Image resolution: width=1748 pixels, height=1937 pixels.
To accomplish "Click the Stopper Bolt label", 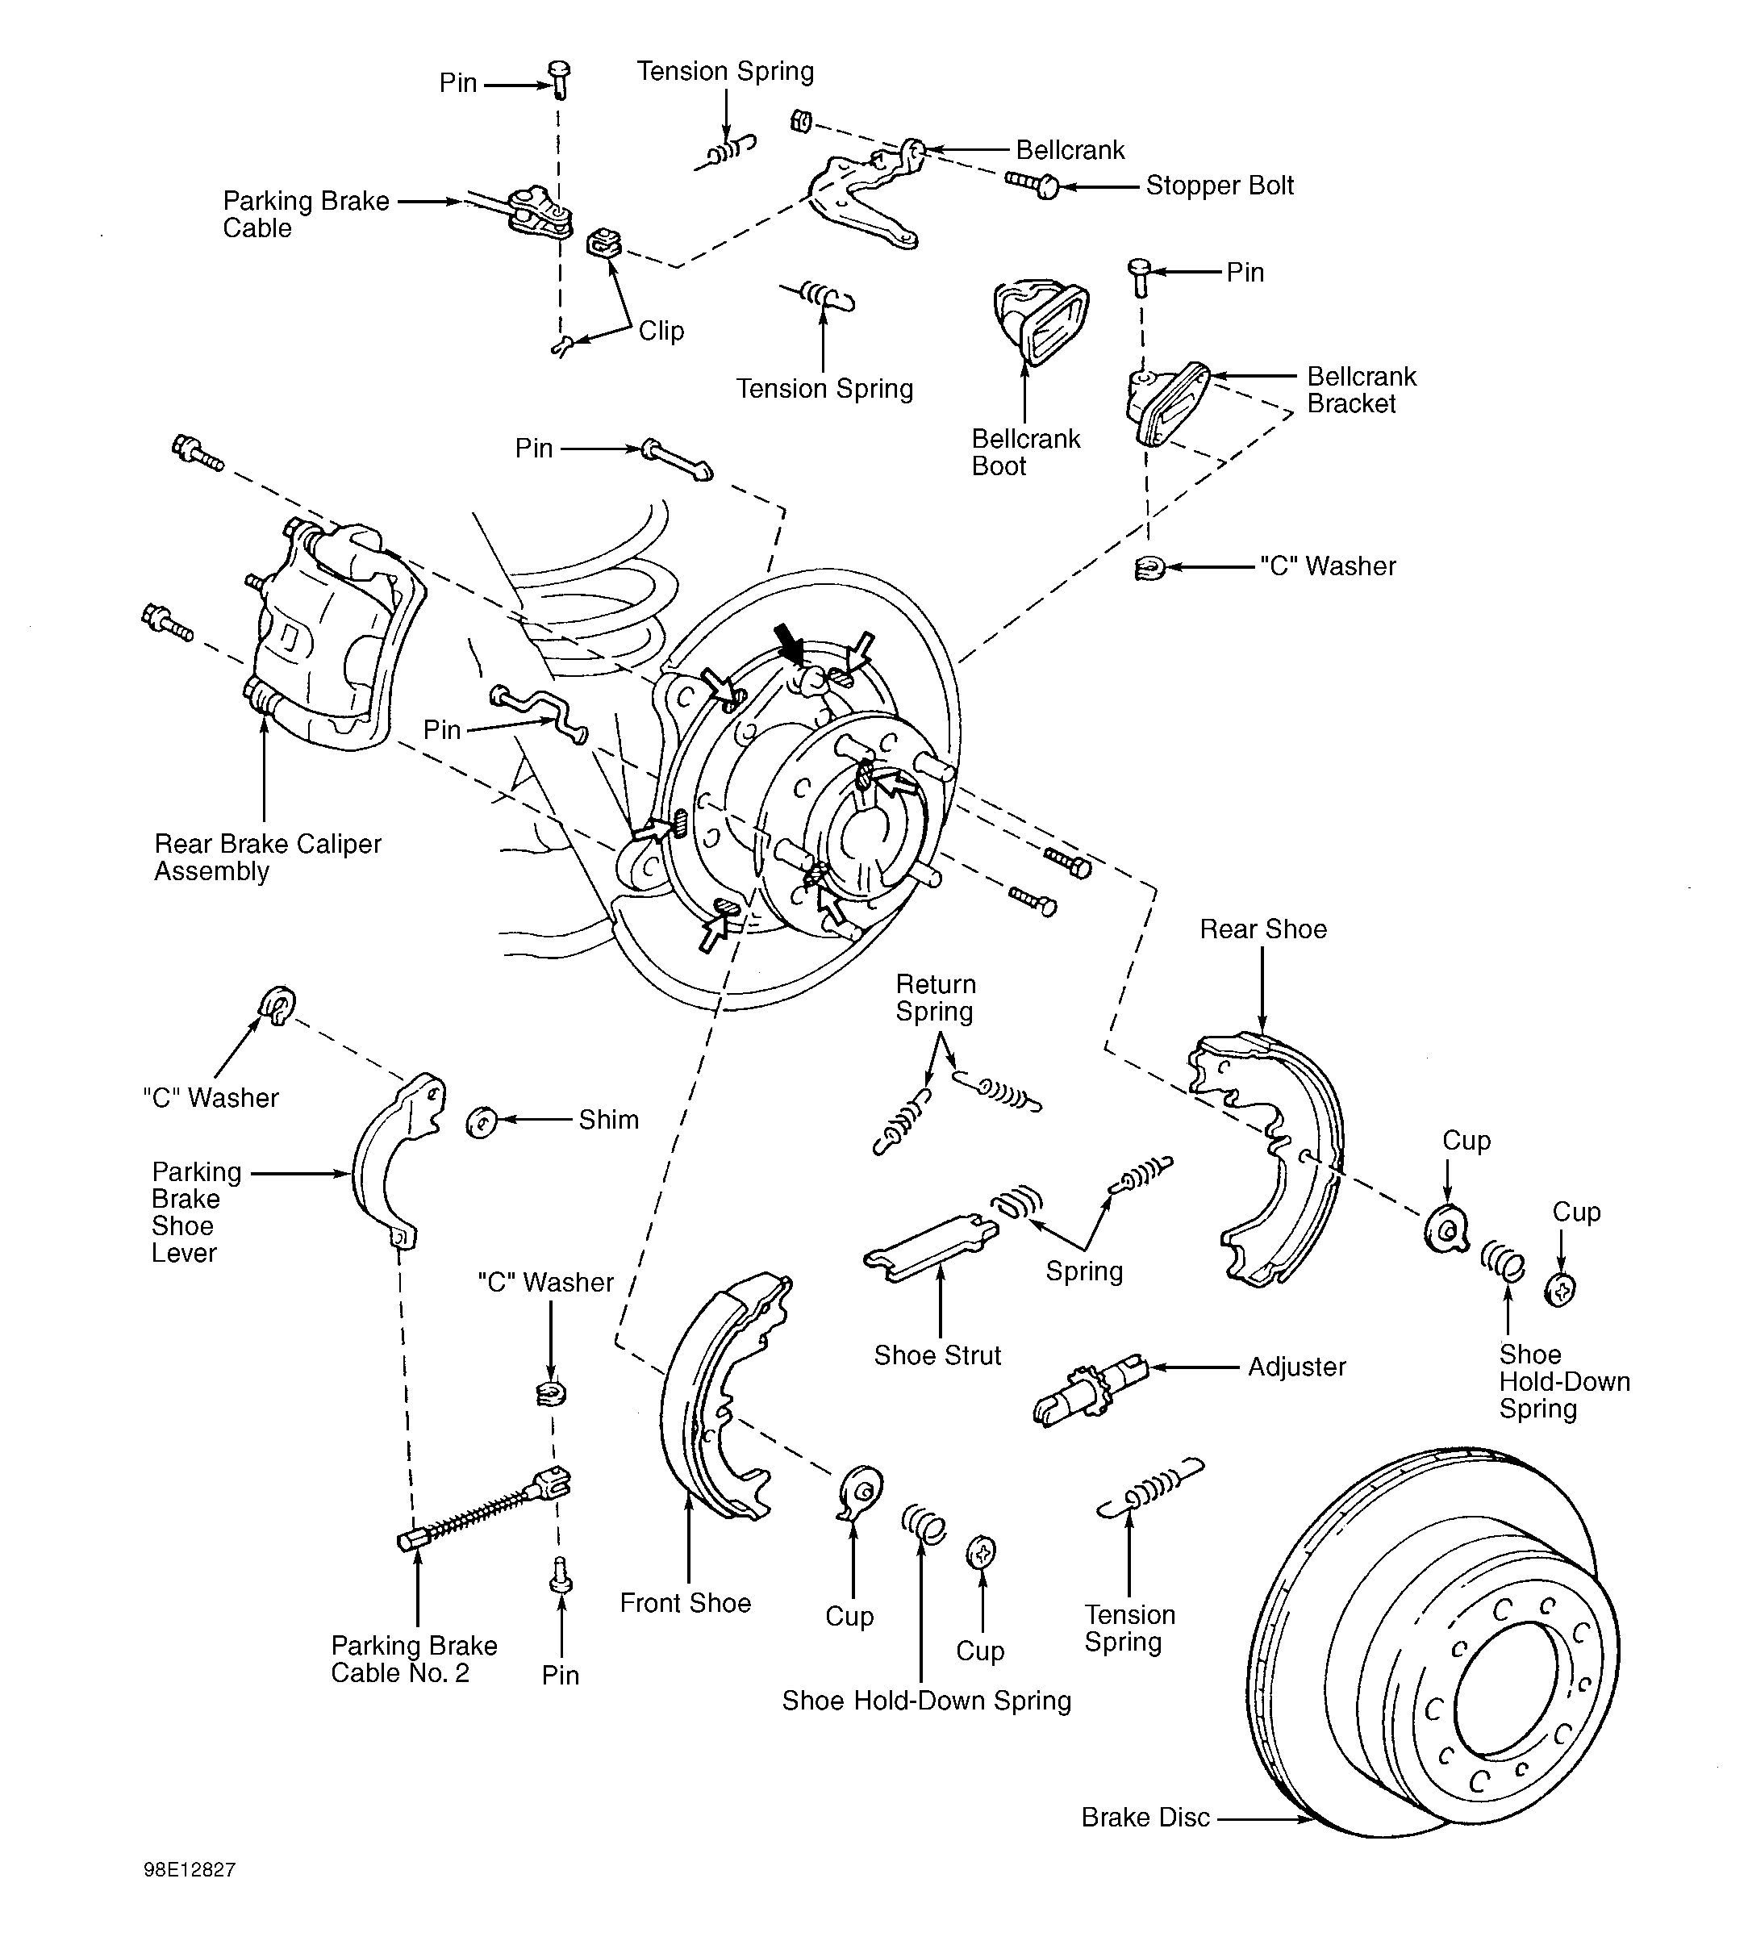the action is (1220, 186).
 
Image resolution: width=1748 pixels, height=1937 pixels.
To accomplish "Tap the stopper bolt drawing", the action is (1033, 182).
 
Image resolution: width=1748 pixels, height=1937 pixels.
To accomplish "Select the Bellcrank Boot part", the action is (1039, 322).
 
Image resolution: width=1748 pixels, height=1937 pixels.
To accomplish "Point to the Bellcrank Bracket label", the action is (1361, 390).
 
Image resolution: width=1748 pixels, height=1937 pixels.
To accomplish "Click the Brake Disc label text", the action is (1145, 1817).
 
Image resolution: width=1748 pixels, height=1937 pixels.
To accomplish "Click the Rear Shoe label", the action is (1263, 929).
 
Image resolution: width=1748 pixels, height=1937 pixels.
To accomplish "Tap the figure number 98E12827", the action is (190, 1870).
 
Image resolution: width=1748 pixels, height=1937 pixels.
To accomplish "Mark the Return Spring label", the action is (936, 998).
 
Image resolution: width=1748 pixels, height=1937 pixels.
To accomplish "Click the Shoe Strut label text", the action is (937, 1355).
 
